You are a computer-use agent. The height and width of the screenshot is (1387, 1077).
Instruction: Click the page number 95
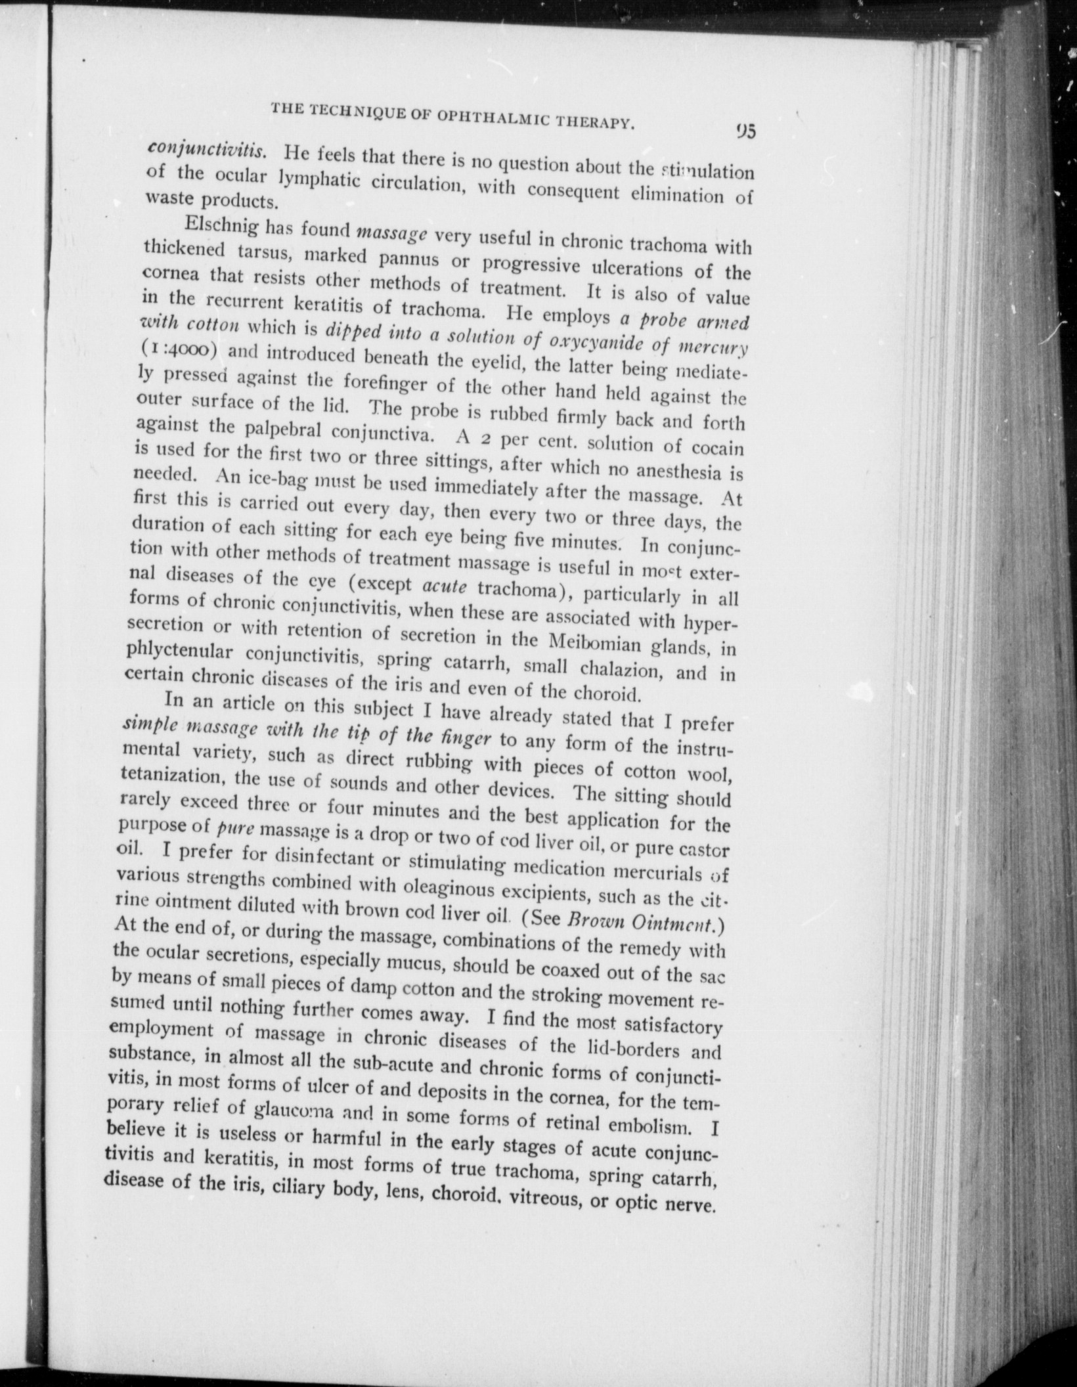(747, 131)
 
